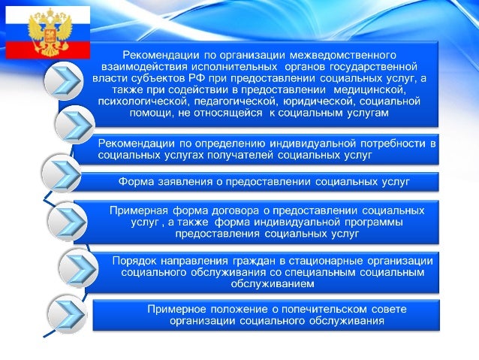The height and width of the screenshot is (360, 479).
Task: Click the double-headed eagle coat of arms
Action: pos(47,32)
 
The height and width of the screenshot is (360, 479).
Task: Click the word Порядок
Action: pos(137,260)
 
